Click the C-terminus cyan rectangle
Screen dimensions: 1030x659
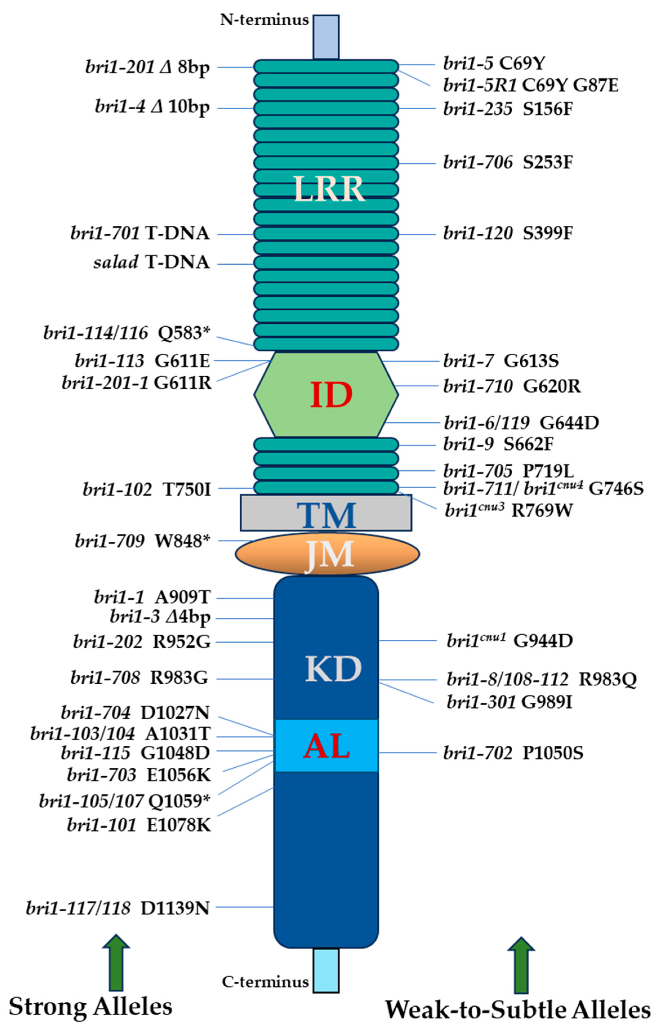tap(326, 970)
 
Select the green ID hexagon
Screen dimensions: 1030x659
tap(326, 394)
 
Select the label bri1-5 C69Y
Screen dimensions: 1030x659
tap(494, 64)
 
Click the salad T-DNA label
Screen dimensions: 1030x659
tap(152, 262)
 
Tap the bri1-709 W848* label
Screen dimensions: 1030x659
tap(143, 541)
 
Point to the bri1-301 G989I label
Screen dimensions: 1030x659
tap(509, 702)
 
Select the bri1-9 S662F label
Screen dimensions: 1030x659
tap(499, 444)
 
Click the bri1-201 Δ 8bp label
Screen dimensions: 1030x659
tap(148, 67)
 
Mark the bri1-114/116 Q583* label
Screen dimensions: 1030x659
tap(127, 333)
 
